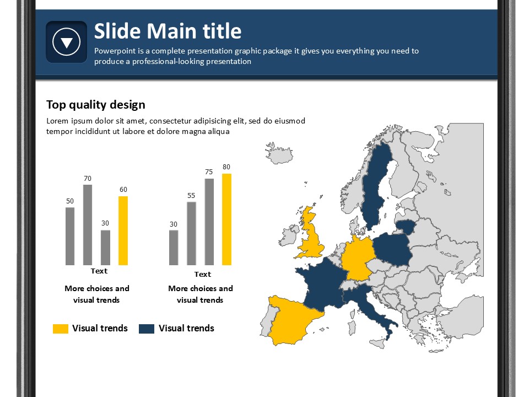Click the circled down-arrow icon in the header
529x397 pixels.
pyautogui.click(x=67, y=42)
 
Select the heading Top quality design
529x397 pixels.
pyautogui.click(x=96, y=105)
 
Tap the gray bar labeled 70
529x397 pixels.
pyautogui.click(x=88, y=225)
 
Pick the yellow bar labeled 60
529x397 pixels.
pyautogui.click(x=123, y=230)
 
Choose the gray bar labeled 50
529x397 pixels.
pyautogui.click(x=70, y=237)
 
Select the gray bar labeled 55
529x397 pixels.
pyautogui.click(x=191, y=234)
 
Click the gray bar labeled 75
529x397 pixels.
pyautogui.click(x=209, y=222)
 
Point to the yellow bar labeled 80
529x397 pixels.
pyautogui.click(x=226, y=219)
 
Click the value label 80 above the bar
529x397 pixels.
pyautogui.click(x=226, y=167)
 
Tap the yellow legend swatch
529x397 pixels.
pyautogui.click(x=61, y=329)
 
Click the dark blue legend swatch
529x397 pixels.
pyautogui.click(x=147, y=329)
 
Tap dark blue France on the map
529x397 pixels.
pyautogui.click(x=321, y=283)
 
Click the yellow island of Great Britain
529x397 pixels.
pyautogui.click(x=311, y=237)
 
